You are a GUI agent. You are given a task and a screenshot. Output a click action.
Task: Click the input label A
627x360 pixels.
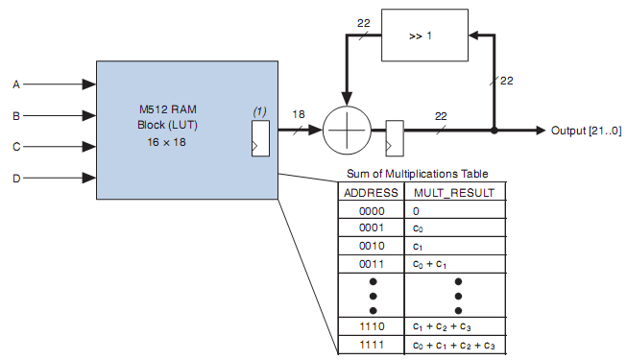click(x=16, y=84)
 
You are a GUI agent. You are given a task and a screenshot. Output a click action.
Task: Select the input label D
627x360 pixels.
click(x=16, y=178)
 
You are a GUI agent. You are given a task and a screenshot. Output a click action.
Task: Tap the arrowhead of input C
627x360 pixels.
click(x=89, y=147)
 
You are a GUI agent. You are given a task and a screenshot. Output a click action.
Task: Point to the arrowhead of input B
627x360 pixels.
click(x=89, y=115)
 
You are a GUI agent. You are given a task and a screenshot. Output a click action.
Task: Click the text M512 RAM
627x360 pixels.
click(x=167, y=109)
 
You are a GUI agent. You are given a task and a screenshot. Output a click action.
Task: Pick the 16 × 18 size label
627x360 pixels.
click(x=166, y=142)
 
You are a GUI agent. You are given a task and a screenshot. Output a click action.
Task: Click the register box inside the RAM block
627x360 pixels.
click(x=260, y=138)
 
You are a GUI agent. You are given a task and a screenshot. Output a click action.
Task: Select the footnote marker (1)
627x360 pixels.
click(x=259, y=111)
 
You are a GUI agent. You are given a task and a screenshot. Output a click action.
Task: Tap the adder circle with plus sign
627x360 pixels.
click(x=347, y=130)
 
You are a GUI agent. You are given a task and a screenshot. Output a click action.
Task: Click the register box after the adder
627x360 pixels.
click(x=395, y=138)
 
